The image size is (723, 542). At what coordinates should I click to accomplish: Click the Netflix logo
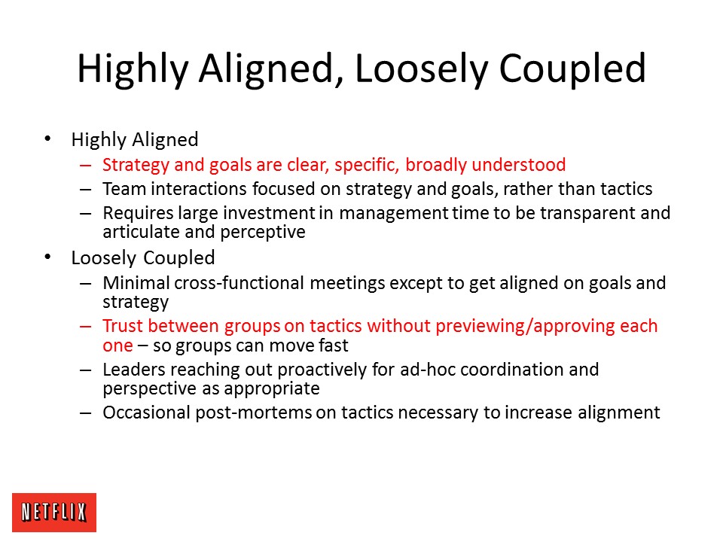[54, 513]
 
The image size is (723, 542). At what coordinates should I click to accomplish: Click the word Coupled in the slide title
[572, 69]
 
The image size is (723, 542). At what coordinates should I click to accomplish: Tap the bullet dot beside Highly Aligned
[47, 139]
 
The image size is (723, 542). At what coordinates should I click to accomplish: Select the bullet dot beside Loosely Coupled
[47, 257]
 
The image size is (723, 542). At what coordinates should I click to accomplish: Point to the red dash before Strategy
[85, 165]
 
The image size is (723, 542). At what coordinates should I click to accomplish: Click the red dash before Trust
[85, 326]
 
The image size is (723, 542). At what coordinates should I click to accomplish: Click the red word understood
[519, 165]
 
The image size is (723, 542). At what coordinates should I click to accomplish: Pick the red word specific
[367, 165]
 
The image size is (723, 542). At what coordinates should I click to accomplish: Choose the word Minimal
[136, 282]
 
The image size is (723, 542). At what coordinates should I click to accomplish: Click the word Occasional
[147, 413]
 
